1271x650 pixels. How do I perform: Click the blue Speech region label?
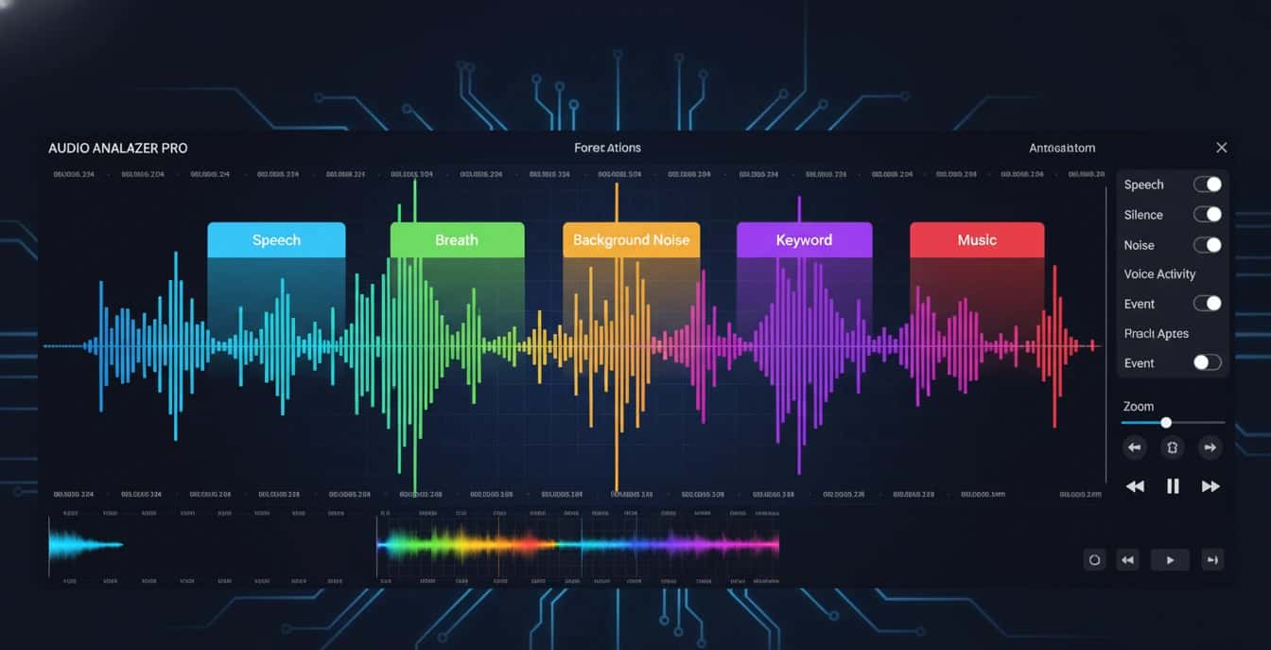pos(276,240)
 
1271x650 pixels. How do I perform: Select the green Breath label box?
pos(457,240)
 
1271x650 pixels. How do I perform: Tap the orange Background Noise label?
pos(631,240)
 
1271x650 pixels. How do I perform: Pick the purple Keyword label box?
pos(804,240)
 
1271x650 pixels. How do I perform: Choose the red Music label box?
pos(977,240)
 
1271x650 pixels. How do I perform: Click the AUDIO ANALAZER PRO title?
pos(118,149)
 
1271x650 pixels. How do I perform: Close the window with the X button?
pos(1221,148)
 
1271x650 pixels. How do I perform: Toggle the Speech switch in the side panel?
pos(1208,184)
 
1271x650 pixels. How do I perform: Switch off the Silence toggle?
pos(1208,215)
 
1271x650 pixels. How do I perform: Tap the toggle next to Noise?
pos(1208,245)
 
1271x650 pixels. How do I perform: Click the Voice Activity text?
pos(1159,274)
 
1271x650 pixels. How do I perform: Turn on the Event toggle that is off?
pos(1208,362)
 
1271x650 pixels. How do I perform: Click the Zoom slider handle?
pos(1166,423)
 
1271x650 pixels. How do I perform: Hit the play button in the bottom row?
pos(1170,560)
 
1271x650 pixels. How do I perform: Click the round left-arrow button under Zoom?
pos(1135,448)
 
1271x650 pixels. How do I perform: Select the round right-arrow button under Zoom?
pos(1210,448)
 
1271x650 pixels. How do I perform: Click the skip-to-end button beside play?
pos(1212,560)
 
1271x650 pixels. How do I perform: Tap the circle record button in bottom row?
pos(1094,560)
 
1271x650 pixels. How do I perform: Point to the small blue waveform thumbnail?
pos(85,544)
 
